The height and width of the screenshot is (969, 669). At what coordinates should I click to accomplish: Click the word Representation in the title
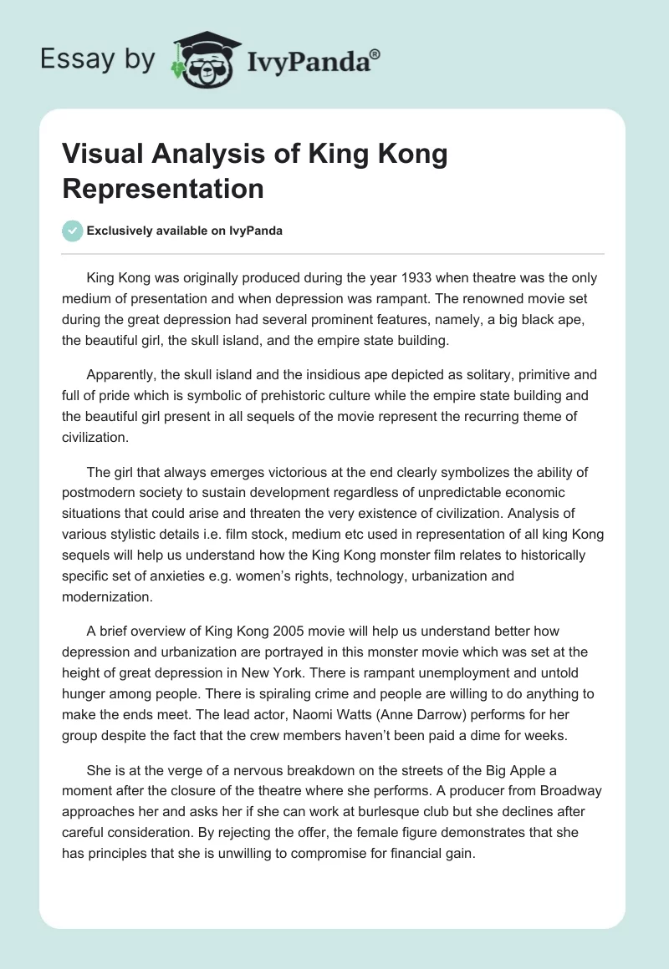[x=163, y=188]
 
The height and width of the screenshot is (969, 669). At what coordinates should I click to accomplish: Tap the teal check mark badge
[x=73, y=231]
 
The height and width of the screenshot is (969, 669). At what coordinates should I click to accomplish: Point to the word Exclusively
[x=121, y=231]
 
